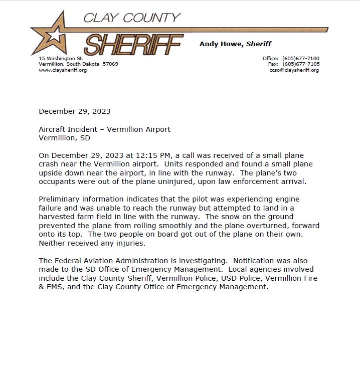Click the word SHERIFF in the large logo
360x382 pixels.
pyautogui.click(x=133, y=45)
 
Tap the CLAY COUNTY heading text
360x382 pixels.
pyautogui.click(x=131, y=18)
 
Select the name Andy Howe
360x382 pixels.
pyautogui.click(x=221, y=44)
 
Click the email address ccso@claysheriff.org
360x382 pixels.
pyautogui.click(x=294, y=70)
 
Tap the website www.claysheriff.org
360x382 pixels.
pyautogui.click(x=63, y=70)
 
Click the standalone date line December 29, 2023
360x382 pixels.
pyautogui.click(x=75, y=111)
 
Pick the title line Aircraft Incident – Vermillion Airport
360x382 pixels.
pyautogui.click(x=104, y=129)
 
